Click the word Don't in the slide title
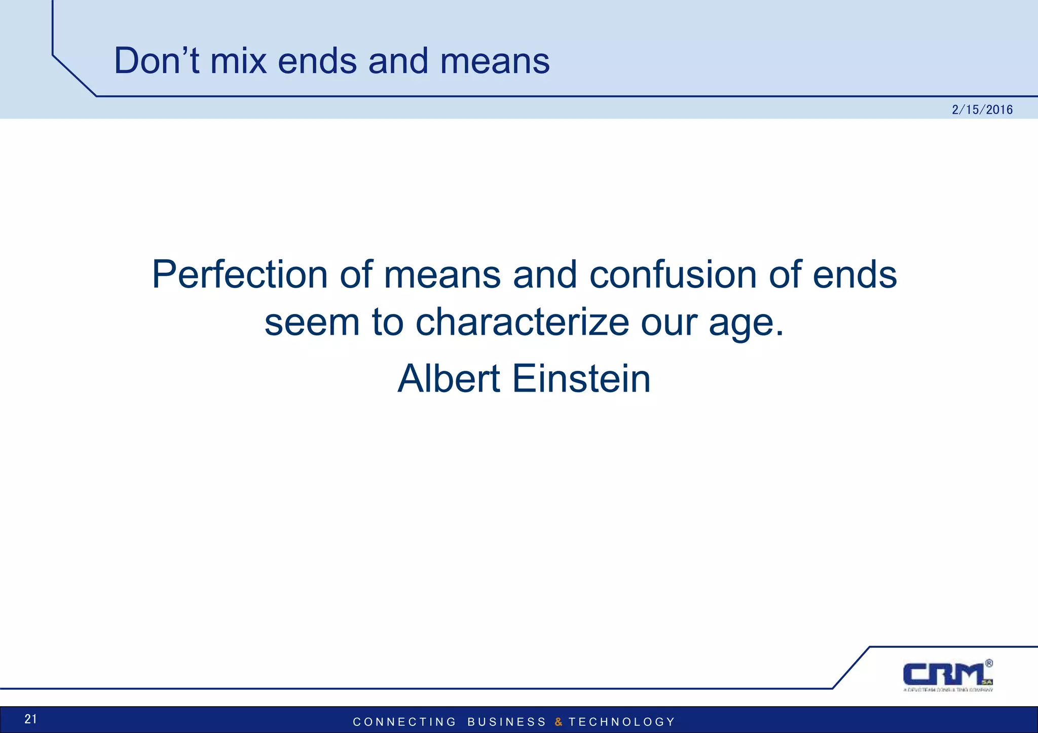(x=157, y=61)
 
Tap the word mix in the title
(x=238, y=61)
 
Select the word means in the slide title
(x=494, y=61)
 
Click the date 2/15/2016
(x=982, y=110)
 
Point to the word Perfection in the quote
(x=240, y=275)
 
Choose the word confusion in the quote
(x=673, y=275)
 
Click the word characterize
(x=522, y=322)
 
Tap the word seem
(x=312, y=322)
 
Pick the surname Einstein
(x=581, y=379)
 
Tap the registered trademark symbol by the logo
(x=989, y=663)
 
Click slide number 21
(x=30, y=719)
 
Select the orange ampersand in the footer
(x=558, y=722)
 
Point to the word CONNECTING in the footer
(x=404, y=722)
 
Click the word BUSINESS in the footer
(x=506, y=722)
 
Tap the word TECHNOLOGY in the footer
(x=622, y=722)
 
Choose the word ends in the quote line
(x=855, y=275)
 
